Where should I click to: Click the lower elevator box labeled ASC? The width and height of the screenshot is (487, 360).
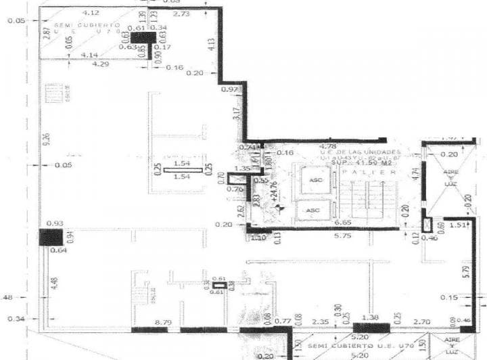(312, 210)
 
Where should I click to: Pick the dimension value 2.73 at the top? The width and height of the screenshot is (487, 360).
(181, 14)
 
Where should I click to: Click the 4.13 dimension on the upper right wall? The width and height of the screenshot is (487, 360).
(212, 46)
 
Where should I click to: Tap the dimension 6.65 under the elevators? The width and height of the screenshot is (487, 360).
(342, 222)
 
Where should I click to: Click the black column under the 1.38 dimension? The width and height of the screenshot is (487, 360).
(371, 328)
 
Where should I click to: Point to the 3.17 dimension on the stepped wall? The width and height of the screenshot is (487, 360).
(236, 114)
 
